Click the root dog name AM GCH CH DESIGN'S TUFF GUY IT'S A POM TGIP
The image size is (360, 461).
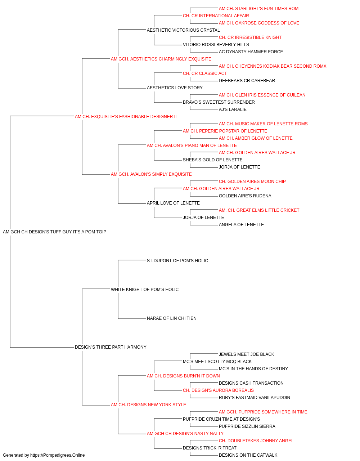coord(54,232)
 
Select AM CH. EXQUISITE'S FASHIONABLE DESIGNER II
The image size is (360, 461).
coord(126,117)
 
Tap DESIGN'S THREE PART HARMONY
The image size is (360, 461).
coord(111,347)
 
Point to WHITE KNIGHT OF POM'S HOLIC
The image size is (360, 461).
coord(145,290)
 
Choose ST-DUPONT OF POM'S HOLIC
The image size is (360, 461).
coord(177,261)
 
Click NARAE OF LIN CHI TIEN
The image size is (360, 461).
coord(172,318)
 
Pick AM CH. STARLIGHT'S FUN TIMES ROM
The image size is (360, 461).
coord(258,9)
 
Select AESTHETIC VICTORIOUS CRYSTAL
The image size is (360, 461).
coord(183,30)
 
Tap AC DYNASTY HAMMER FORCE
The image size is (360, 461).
coord(251,52)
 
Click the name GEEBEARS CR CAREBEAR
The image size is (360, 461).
coord(247,81)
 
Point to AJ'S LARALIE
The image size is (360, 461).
coord(233,109)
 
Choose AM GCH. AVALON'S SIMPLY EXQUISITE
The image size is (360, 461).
coord(151,174)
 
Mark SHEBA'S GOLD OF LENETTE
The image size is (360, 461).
coord(213,160)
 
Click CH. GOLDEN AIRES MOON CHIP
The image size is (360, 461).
coord(252,182)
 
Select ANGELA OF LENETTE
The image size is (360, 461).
coord(241,225)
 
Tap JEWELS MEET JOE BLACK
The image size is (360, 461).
coord(246,354)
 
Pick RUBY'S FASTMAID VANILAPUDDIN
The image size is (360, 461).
coord(255,398)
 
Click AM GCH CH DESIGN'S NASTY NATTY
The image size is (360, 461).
coord(185,434)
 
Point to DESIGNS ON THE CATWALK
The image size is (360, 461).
coord(248,455)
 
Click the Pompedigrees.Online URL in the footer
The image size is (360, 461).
coord(58,455)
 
